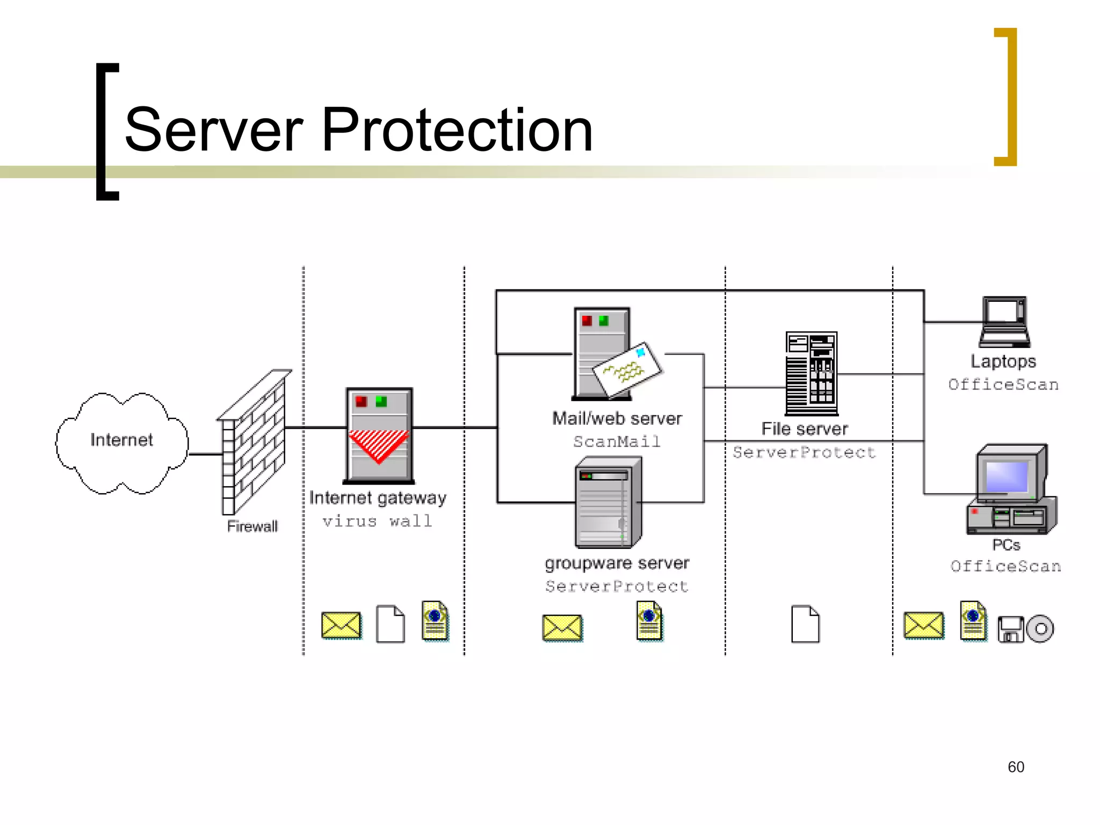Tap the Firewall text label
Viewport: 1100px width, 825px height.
pyautogui.click(x=252, y=526)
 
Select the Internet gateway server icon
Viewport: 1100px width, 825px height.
pyautogui.click(x=379, y=435)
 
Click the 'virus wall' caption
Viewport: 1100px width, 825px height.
pyautogui.click(x=377, y=521)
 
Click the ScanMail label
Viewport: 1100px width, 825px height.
pyautogui.click(x=617, y=442)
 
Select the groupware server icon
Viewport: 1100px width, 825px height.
pyautogui.click(x=608, y=503)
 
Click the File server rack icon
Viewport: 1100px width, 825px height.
pyautogui.click(x=811, y=374)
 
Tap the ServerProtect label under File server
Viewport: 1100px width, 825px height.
pyautogui.click(x=804, y=452)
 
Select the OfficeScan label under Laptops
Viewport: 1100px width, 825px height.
pyautogui.click(x=1003, y=385)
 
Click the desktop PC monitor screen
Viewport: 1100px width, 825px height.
pyautogui.click(x=1007, y=476)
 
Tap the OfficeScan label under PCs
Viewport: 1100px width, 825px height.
pyautogui.click(x=1005, y=566)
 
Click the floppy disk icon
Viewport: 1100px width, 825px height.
pyautogui.click(x=1010, y=629)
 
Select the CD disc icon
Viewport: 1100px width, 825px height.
pyautogui.click(x=1040, y=628)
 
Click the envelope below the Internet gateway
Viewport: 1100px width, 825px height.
pyautogui.click(x=341, y=625)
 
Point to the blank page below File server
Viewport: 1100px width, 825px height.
pyautogui.click(x=805, y=624)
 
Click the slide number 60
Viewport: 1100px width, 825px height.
pyautogui.click(x=1016, y=767)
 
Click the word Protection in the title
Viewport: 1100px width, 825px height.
pyautogui.click(x=457, y=130)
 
